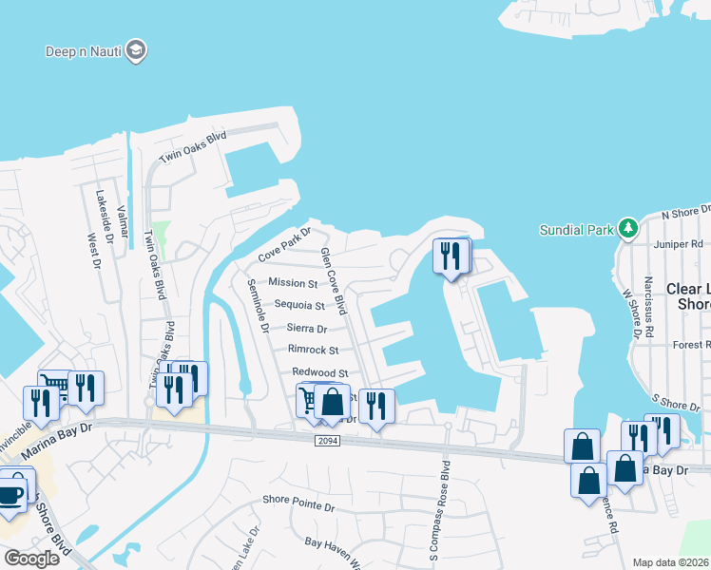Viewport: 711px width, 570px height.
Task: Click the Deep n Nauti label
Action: (84, 50)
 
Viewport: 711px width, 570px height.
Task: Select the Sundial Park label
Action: (577, 230)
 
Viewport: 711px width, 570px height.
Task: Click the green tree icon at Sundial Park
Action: (626, 229)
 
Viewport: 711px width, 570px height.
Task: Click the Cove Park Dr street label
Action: (285, 245)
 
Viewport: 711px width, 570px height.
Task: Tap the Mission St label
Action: (293, 283)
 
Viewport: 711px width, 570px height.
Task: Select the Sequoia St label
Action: (299, 306)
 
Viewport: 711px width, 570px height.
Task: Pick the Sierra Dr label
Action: (306, 329)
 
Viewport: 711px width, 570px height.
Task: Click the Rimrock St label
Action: (313, 351)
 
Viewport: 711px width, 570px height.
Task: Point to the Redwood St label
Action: (319, 373)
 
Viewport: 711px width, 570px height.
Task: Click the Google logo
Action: (31, 558)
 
